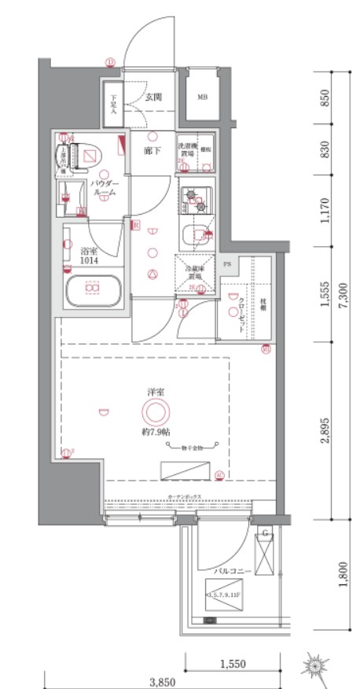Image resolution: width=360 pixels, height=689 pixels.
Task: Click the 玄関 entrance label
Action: [x=153, y=98]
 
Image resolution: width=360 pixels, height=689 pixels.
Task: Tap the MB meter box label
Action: [x=202, y=98]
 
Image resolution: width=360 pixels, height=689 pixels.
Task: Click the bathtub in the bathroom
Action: [x=94, y=290]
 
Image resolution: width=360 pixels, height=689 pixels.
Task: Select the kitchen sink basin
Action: [x=194, y=234]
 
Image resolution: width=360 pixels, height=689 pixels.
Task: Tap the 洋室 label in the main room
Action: [x=154, y=391]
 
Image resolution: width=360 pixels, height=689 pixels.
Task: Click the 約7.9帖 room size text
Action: [x=154, y=433]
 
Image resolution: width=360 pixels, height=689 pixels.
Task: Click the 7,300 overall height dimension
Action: [x=344, y=296]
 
